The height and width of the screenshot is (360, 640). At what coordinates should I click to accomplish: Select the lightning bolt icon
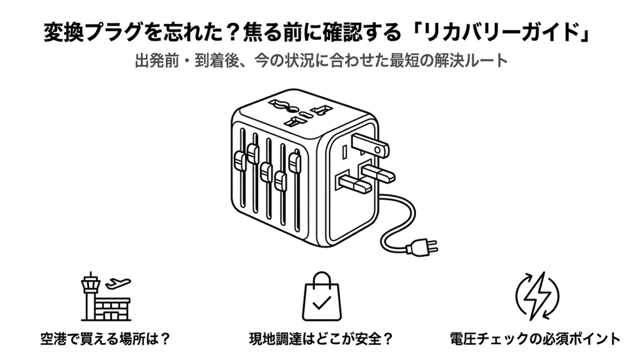point(537,295)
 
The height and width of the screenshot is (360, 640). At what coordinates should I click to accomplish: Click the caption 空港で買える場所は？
point(105,339)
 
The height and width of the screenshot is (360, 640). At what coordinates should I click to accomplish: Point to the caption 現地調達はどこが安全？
point(320,339)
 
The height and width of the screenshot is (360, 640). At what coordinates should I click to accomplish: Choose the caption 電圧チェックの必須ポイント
point(535,339)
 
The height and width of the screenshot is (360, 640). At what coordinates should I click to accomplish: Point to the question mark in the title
point(231,34)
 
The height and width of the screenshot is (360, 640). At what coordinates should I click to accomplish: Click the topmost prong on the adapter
point(369,144)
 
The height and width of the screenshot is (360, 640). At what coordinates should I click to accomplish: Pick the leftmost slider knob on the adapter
point(239,161)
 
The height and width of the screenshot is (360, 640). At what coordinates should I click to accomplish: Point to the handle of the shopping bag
point(320,278)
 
